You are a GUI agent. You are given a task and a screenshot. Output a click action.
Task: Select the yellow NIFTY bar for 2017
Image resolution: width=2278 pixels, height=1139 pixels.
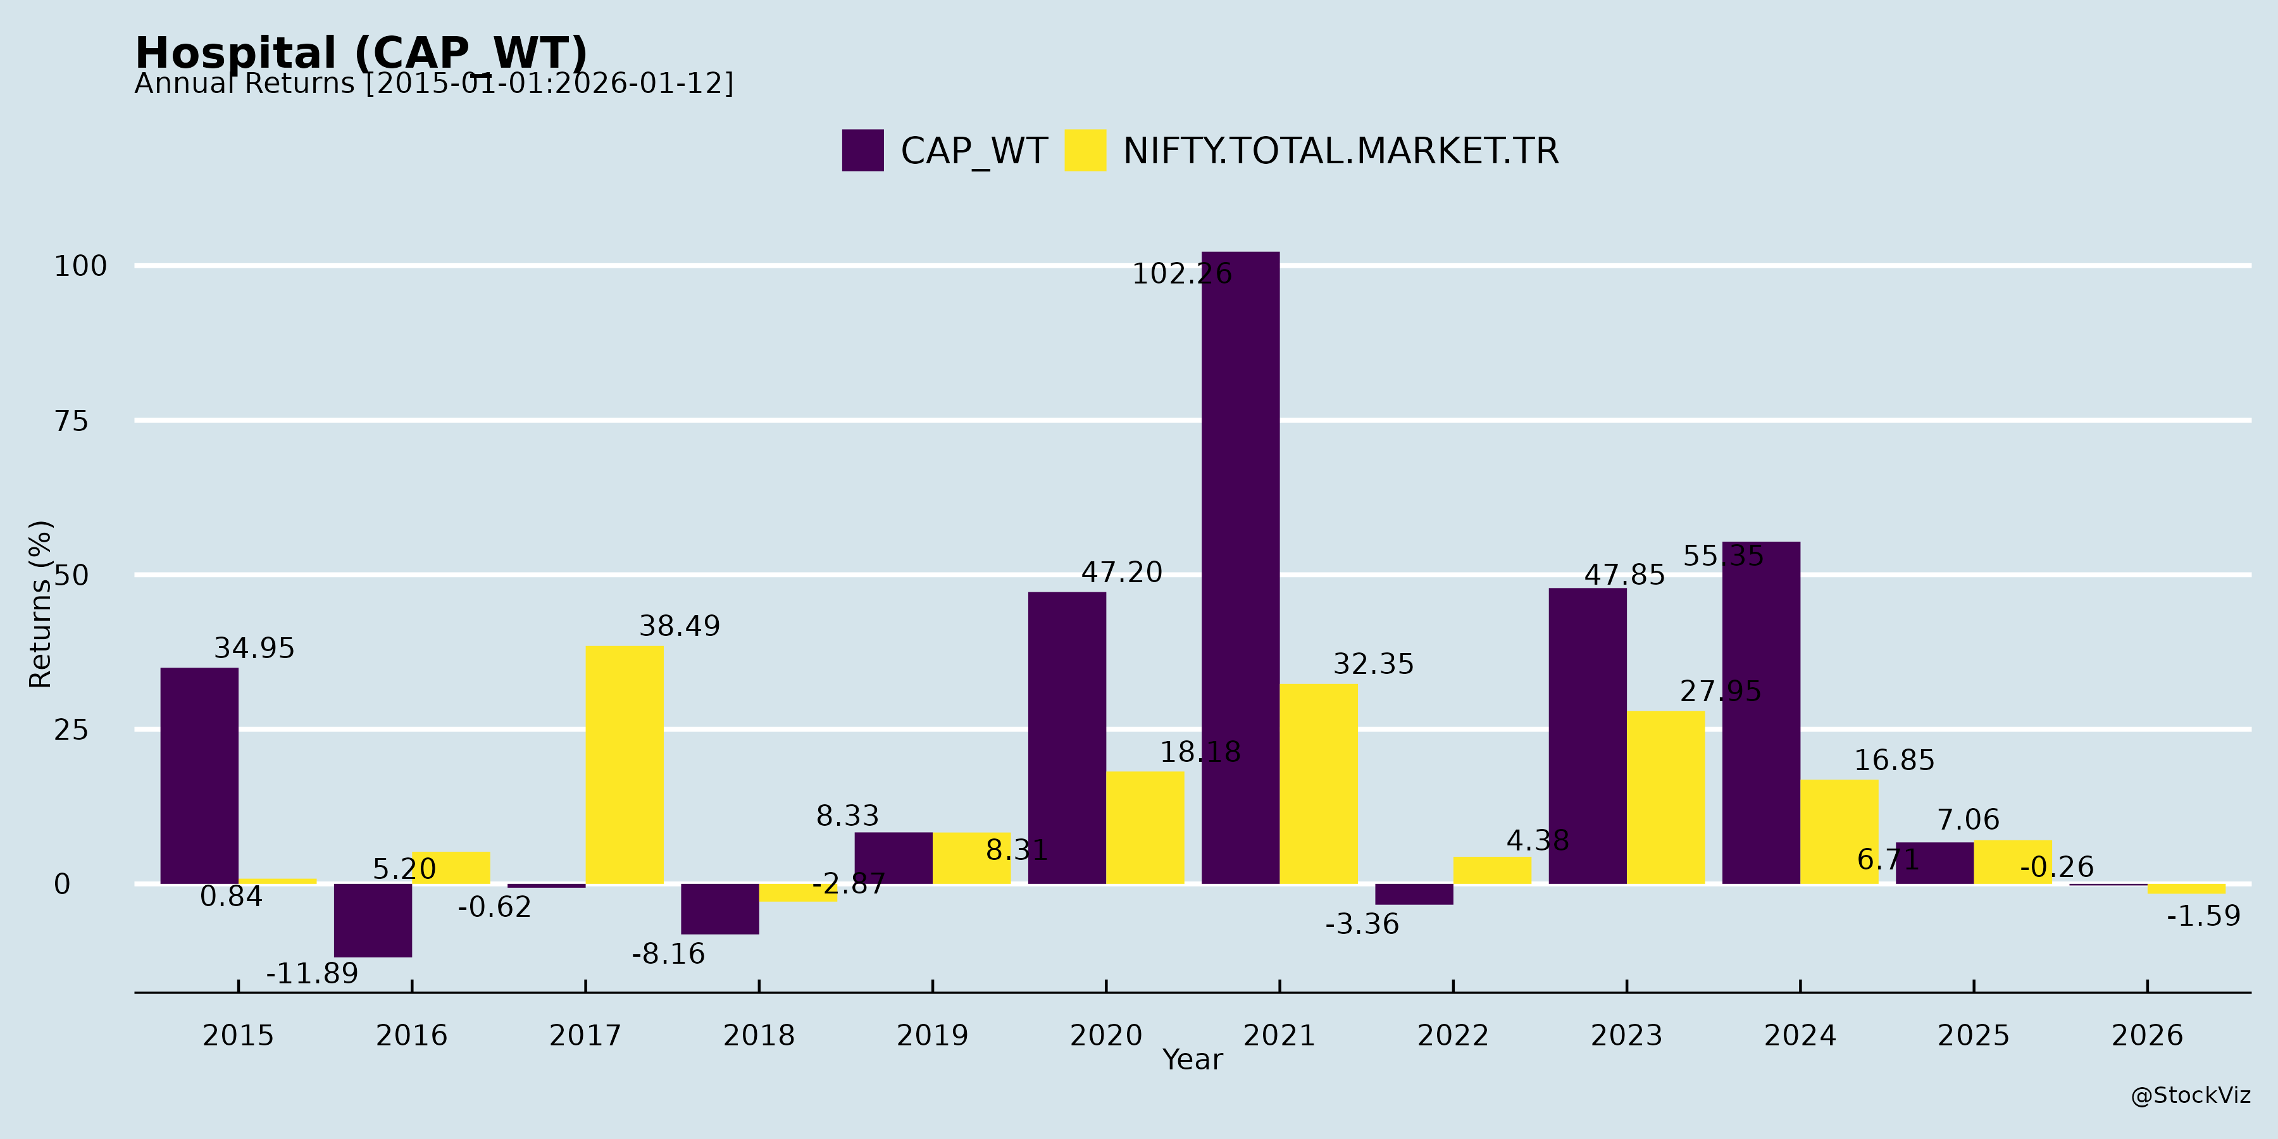(625, 765)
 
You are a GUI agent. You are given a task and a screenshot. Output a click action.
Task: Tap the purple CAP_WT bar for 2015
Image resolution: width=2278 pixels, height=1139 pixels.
(199, 776)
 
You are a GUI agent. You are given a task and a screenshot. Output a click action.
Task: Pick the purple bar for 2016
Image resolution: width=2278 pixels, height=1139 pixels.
(372, 919)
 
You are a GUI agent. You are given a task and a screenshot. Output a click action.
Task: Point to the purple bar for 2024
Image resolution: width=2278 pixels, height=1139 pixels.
(1760, 713)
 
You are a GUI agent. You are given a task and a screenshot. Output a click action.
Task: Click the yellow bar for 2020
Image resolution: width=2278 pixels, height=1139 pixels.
(1144, 828)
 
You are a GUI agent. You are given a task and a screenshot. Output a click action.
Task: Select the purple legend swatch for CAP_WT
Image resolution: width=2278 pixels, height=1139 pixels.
(862, 151)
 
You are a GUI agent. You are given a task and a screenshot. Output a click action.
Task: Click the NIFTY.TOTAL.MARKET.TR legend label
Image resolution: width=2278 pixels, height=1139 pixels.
(1340, 151)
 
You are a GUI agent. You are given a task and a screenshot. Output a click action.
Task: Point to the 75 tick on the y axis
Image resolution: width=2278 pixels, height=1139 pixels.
(72, 421)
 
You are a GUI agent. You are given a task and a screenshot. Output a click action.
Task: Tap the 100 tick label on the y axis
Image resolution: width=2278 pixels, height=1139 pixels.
(80, 266)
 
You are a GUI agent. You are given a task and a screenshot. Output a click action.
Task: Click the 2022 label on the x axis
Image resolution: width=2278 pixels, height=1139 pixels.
(1453, 1035)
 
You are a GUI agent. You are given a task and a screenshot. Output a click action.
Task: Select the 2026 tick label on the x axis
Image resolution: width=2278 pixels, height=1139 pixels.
(2147, 1035)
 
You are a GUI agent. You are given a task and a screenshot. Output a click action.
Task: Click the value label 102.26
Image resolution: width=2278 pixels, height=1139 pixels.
(1181, 274)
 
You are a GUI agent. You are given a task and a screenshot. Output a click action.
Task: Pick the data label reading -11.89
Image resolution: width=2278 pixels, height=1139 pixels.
(312, 974)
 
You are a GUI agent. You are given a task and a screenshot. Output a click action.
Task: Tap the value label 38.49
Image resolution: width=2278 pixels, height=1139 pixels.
(679, 626)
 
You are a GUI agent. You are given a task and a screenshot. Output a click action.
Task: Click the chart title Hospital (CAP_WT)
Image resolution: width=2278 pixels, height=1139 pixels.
(361, 53)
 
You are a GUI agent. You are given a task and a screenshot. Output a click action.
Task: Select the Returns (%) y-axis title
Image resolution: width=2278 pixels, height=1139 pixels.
(40, 604)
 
